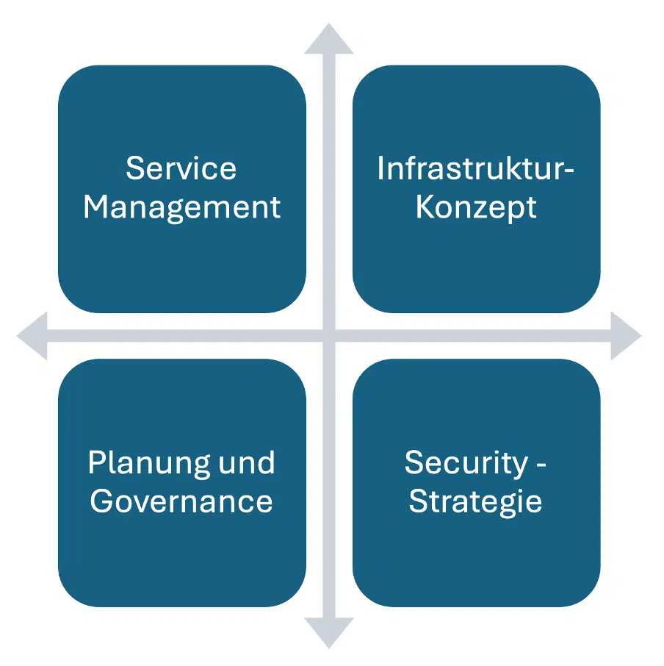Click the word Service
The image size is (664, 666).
[x=181, y=168]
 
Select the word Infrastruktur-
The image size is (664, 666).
[x=475, y=168]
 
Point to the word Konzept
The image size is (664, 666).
[x=476, y=208]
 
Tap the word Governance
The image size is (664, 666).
[x=181, y=501]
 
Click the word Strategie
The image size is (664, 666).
[x=476, y=501]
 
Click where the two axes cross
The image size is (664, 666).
[x=329, y=336]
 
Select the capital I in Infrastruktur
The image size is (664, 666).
[x=380, y=168]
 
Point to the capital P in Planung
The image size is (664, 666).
[x=95, y=462]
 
